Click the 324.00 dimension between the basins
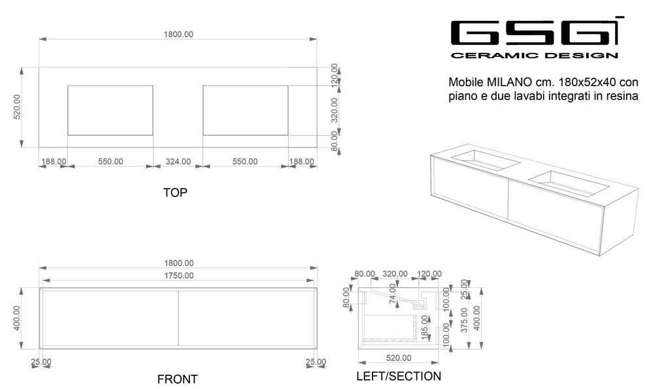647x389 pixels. [x=178, y=161]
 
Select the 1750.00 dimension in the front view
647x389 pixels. [x=178, y=275]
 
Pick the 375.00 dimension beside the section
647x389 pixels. [x=464, y=320]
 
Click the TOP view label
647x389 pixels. [x=175, y=193]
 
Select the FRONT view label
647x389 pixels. [x=177, y=379]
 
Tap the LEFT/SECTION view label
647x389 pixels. [x=398, y=376]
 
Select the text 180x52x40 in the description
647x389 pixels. [x=588, y=83]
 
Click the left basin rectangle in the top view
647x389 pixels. [x=110, y=110]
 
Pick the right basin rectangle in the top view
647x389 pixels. [x=245, y=110]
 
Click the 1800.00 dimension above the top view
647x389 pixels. [x=178, y=34]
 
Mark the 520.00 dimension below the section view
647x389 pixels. [x=398, y=358]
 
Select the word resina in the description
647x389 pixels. [x=622, y=96]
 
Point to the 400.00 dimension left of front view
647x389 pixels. [x=18, y=318]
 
